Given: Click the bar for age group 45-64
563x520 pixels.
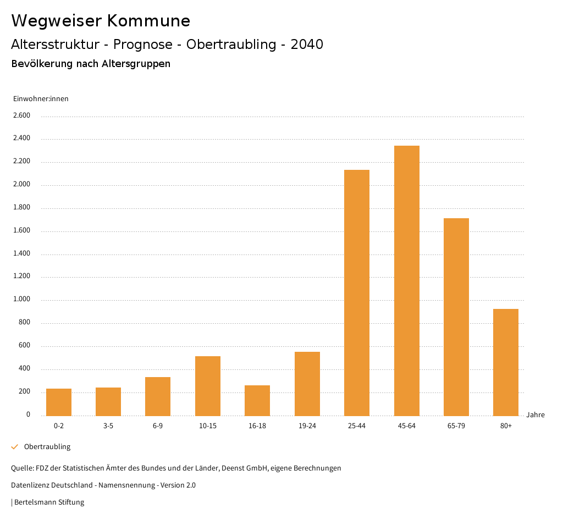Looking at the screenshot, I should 406,280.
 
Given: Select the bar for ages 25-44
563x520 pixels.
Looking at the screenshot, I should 357,292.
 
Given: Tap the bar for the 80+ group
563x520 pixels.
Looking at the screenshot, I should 506,362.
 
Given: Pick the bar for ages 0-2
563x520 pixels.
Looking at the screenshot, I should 59,402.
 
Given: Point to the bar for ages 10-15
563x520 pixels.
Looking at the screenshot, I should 208,386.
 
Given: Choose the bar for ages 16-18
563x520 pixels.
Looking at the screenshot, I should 257,401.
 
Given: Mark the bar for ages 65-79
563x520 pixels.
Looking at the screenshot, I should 456,317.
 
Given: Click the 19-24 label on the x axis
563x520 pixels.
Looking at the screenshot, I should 307,426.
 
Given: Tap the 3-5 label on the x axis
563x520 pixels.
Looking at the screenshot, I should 108,426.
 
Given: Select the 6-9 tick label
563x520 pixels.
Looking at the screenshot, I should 158,426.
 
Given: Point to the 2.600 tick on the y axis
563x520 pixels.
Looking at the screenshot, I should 21,115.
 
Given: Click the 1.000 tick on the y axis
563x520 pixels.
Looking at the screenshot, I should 21,300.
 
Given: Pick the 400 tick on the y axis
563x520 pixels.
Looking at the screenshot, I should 24,369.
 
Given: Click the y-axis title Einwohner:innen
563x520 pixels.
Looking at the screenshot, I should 41,99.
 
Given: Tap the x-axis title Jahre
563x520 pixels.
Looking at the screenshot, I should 536,415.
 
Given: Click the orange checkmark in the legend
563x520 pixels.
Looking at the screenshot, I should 15,447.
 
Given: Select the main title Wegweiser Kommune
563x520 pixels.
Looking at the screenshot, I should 101,21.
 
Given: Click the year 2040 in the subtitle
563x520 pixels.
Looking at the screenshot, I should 307,45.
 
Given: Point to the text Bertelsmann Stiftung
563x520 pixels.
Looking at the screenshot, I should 49,502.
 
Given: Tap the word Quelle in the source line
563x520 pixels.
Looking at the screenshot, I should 21,468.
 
